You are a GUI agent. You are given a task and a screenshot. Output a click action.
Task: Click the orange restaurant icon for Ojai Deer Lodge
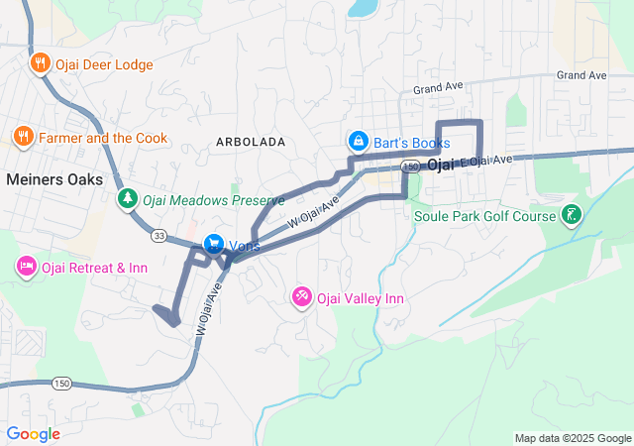(40, 64)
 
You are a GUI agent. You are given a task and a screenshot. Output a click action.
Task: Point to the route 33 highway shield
(159, 236)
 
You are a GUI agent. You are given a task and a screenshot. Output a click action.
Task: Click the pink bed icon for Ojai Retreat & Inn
(26, 267)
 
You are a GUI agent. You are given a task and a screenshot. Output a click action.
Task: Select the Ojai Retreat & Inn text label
(96, 268)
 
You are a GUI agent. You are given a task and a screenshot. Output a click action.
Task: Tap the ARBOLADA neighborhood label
(251, 143)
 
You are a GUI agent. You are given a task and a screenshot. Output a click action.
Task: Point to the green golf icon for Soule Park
(572, 215)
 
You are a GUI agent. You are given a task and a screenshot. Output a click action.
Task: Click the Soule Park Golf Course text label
(484, 216)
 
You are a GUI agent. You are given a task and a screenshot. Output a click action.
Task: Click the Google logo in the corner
(33, 433)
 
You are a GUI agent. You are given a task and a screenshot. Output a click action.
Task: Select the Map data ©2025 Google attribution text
(572, 438)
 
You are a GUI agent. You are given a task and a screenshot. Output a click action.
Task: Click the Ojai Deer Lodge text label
(104, 64)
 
